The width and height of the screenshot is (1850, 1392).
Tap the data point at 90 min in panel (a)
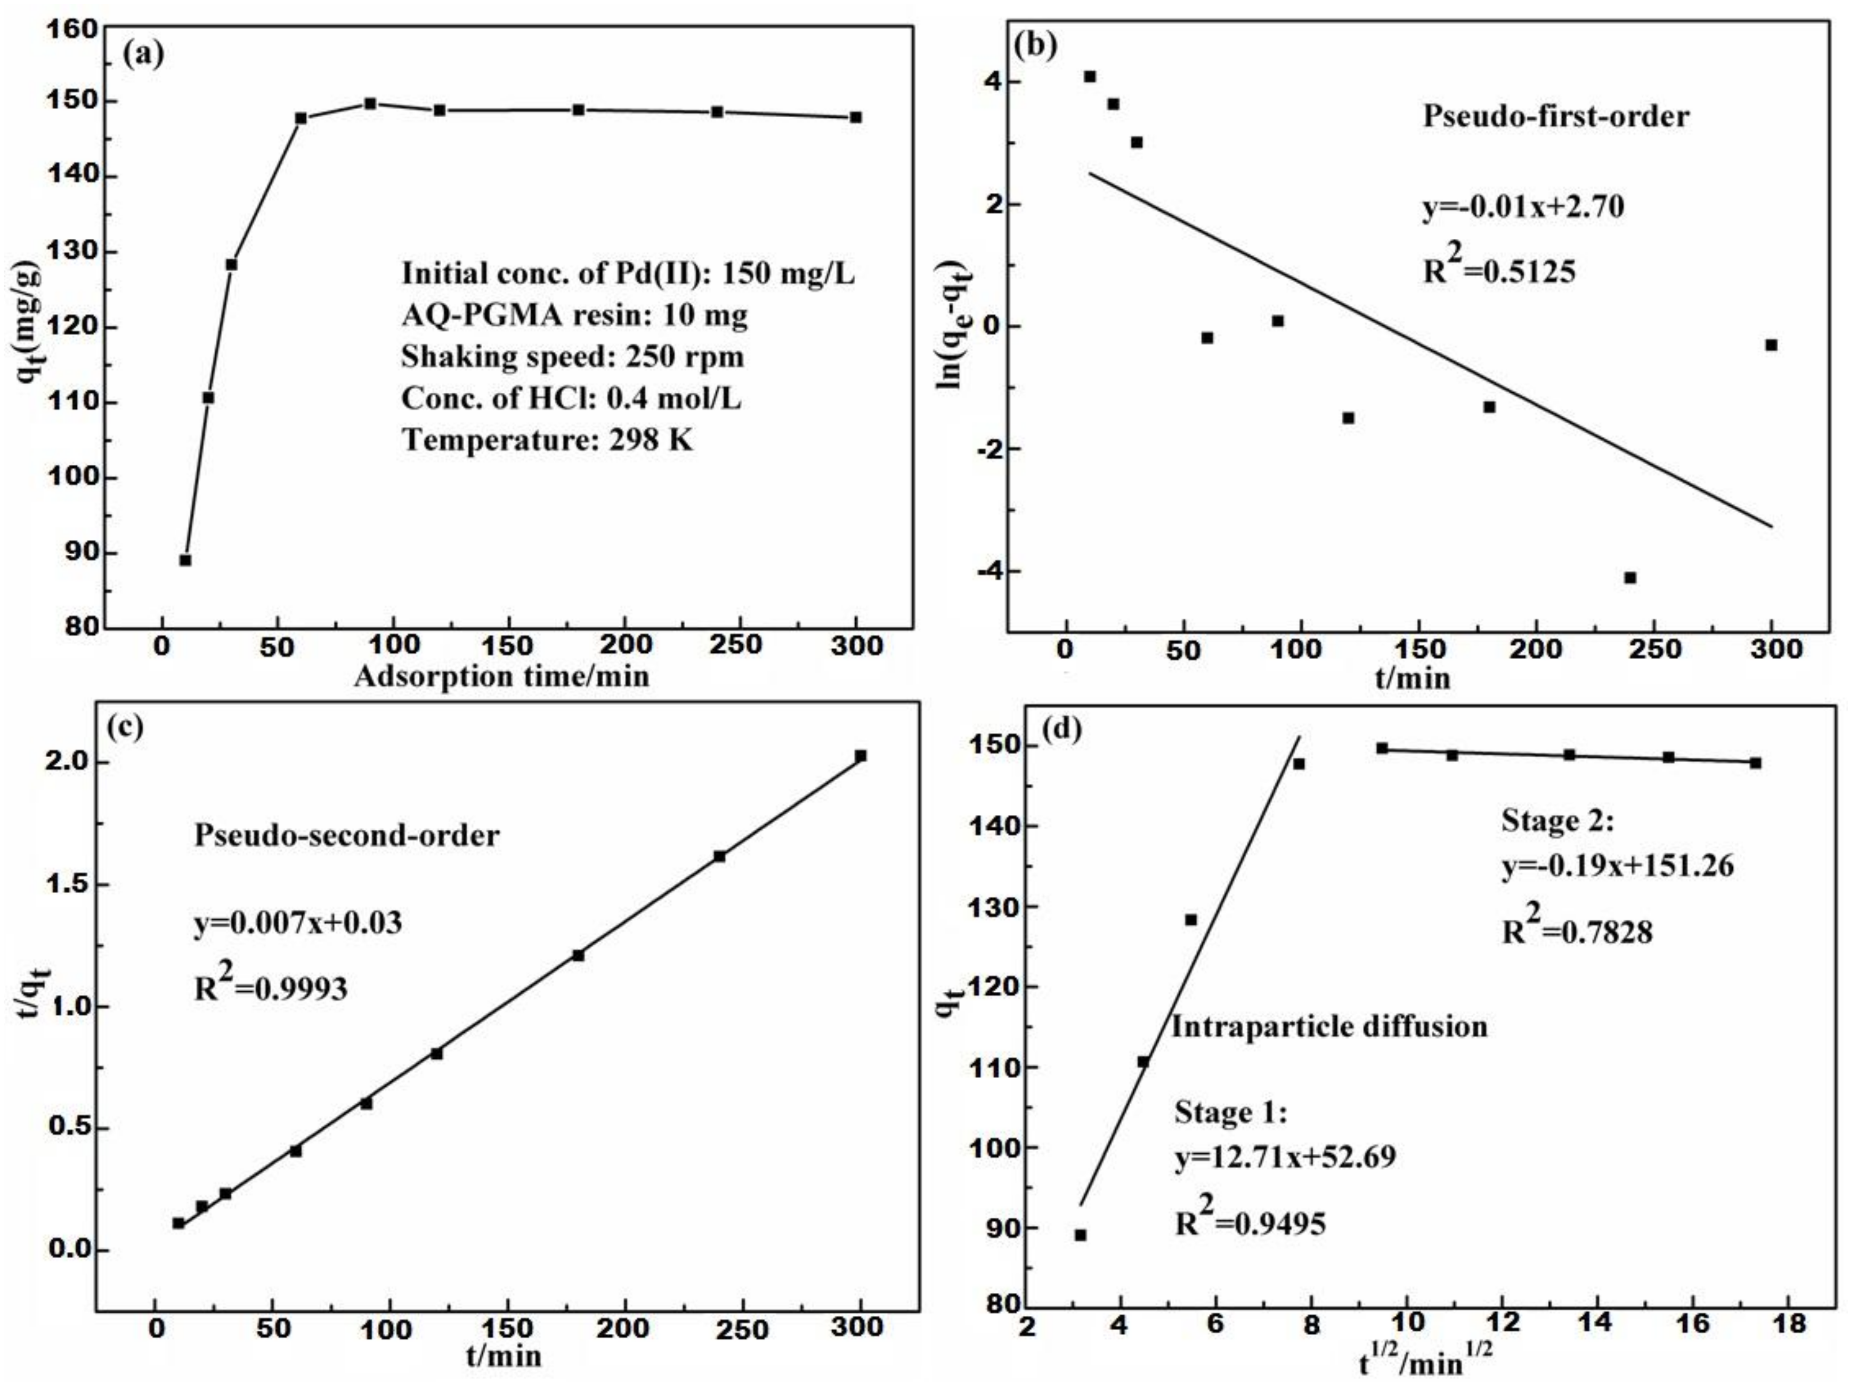[x=370, y=104]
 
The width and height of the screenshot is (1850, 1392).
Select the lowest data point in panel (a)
[x=185, y=560]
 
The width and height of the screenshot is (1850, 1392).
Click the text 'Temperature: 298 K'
[x=548, y=439]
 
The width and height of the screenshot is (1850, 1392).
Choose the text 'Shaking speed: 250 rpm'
[x=572, y=357]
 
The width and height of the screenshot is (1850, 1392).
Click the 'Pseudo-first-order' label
[x=1555, y=116]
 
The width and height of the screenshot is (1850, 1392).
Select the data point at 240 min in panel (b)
[x=1630, y=577]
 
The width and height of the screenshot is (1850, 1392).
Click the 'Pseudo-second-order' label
[x=346, y=835]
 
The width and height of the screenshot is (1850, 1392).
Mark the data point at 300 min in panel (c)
[x=861, y=755]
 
